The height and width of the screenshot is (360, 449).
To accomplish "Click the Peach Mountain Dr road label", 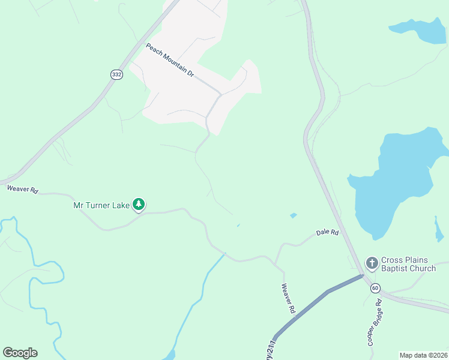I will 170,60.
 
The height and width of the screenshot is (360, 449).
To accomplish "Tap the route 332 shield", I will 116,74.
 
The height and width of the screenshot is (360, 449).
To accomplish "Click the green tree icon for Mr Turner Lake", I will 139,205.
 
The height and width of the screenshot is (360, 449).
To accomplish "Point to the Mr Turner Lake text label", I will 101,206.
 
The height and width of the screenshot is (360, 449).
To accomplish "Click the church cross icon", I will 372,263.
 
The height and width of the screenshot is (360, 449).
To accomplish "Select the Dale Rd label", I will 328,232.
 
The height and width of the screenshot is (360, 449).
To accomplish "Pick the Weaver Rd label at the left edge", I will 23,189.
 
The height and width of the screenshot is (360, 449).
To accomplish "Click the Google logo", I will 20,353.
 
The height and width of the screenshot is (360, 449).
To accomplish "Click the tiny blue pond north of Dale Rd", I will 293,215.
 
